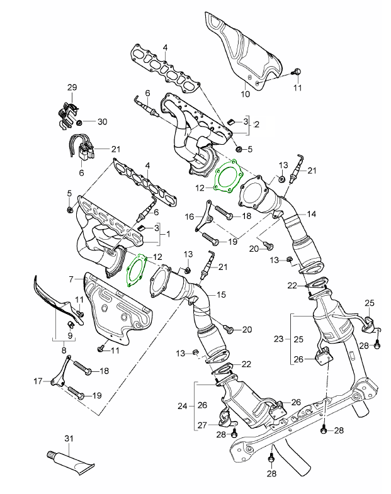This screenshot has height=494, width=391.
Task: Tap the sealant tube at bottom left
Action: [x=70, y=461]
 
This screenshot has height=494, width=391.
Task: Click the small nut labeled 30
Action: [x=80, y=121]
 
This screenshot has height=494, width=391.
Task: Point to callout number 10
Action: [x=246, y=94]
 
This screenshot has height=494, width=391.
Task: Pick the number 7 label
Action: [x=72, y=278]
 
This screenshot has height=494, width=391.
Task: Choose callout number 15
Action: [x=220, y=294]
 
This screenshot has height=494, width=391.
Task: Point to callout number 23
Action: [x=279, y=339]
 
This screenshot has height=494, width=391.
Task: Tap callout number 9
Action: [x=71, y=335]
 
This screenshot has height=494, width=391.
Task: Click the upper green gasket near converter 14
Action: [x=228, y=179]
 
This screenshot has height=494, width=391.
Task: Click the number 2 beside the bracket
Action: [x=256, y=125]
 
